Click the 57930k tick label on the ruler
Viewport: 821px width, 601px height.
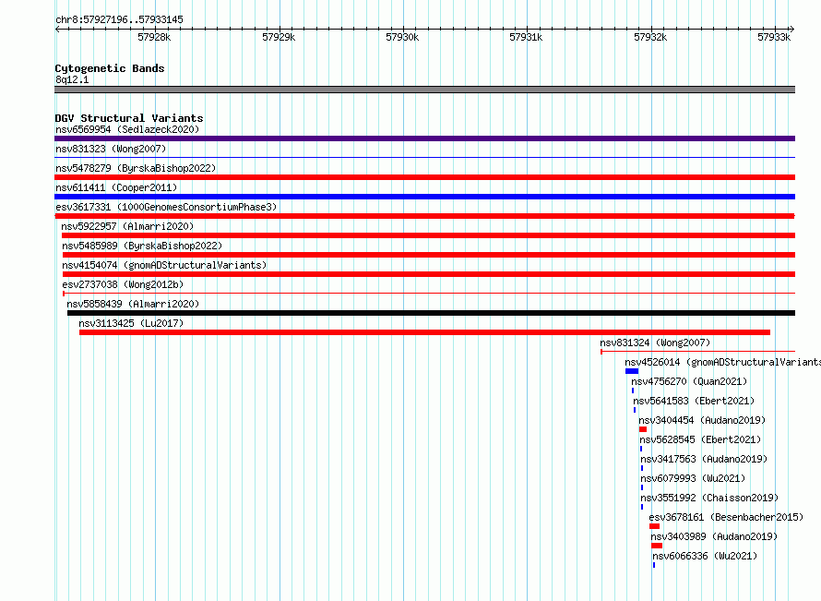[x=402, y=37]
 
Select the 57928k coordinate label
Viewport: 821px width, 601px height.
[x=154, y=37]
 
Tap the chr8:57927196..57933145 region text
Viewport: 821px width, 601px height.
[x=119, y=20]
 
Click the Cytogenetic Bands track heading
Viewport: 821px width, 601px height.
[x=110, y=68]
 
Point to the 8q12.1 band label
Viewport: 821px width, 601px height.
[x=72, y=79]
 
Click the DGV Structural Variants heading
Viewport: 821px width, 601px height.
[x=129, y=118]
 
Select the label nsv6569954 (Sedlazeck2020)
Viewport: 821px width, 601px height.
[x=127, y=129]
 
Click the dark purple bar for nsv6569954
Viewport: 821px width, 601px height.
[x=424, y=138]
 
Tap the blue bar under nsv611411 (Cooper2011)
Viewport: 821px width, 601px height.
[x=424, y=197]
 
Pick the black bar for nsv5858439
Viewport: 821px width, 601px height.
[x=431, y=313]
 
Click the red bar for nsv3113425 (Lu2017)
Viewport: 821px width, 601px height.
[x=424, y=332]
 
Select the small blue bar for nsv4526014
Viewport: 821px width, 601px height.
[x=632, y=371]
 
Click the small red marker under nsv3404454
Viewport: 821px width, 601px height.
[x=643, y=429]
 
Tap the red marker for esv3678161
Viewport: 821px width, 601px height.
[x=655, y=526]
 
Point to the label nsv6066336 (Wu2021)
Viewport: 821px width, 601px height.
[x=705, y=556]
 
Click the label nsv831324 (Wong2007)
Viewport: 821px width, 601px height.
[x=655, y=343]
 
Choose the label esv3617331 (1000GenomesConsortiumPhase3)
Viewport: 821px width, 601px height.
[x=166, y=207]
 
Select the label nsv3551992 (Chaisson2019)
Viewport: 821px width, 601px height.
[x=709, y=498]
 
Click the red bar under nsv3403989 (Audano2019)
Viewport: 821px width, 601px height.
[x=657, y=546]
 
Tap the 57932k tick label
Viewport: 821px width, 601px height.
[x=650, y=37]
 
